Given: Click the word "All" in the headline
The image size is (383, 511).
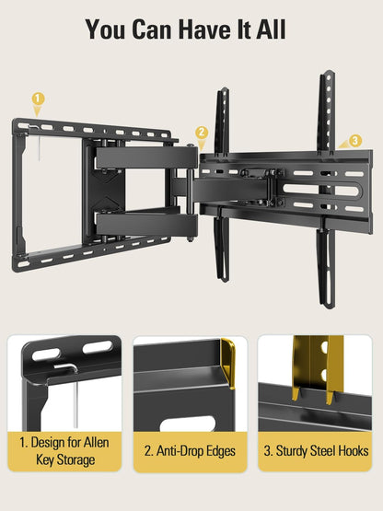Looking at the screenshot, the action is (271, 29).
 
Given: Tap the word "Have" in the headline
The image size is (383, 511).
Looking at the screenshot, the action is (203, 29).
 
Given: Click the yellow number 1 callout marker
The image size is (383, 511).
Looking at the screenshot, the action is (38, 99).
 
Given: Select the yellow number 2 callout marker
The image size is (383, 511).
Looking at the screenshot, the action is (202, 133).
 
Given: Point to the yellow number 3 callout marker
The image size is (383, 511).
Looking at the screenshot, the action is (355, 141).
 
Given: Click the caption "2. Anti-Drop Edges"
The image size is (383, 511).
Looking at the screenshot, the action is (190, 451).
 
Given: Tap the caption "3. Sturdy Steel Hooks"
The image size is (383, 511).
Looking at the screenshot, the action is (316, 451).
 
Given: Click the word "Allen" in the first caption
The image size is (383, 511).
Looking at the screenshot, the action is (96, 443).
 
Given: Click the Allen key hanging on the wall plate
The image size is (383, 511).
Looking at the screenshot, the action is (39, 144).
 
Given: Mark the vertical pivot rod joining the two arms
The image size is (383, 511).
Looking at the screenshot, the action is (190, 193).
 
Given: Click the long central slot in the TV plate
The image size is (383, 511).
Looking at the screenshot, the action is (322, 190).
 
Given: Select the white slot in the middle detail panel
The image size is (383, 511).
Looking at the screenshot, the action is (188, 424).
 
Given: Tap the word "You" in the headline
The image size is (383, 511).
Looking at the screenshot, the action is (105, 29).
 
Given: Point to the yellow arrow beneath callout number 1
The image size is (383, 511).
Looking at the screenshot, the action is (38, 111).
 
